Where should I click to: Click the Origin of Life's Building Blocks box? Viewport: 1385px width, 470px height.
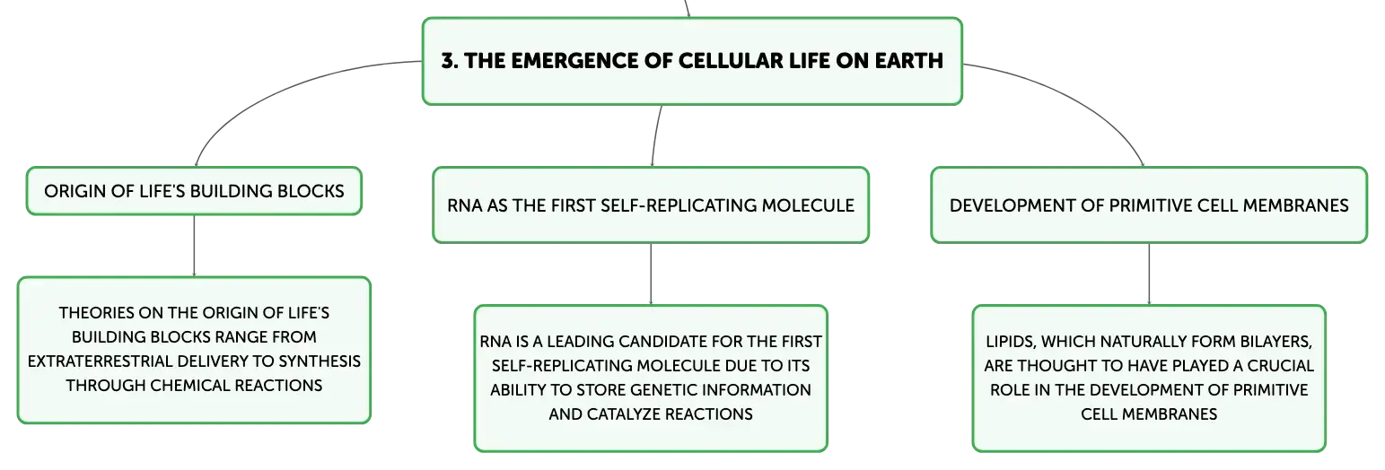click(194, 191)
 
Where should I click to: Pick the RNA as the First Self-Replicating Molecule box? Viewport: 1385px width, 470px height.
click(651, 205)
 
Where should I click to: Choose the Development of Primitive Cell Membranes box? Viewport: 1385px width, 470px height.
click(1149, 205)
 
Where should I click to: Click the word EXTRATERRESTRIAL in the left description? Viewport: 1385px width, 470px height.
click(101, 361)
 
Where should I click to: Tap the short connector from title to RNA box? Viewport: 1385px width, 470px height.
click(655, 135)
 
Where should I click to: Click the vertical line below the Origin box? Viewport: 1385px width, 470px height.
click(194, 246)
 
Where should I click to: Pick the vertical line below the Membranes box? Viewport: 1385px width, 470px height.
click(1149, 274)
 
